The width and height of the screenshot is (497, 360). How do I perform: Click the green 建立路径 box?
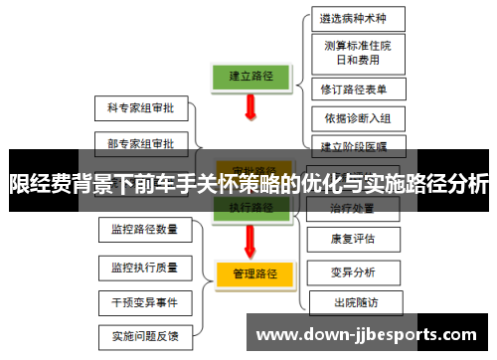tap(251, 75)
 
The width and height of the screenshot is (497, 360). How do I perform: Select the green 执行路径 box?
tap(251, 208)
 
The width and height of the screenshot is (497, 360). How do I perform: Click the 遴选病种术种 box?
tap(353, 18)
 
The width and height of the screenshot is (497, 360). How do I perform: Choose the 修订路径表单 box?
tap(354, 89)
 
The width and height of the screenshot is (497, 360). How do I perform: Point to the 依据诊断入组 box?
tap(357, 118)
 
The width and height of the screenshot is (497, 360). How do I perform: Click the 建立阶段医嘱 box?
tap(354, 147)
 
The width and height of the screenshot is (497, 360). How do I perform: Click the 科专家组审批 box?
tap(140, 106)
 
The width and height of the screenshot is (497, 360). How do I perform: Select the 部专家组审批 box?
tap(140, 143)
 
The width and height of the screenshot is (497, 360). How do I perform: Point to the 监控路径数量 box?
tap(145, 230)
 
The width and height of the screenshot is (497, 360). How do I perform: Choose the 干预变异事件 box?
tap(145, 300)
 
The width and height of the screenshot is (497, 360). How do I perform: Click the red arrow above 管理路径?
tap(250, 239)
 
